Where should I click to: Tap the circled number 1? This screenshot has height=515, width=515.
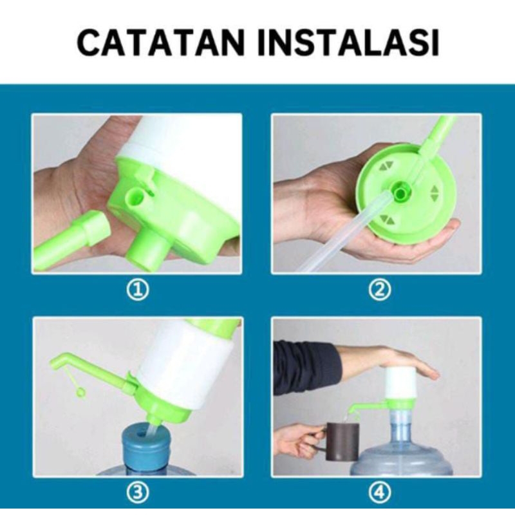coord(136,290)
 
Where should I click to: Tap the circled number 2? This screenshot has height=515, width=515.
coord(379,290)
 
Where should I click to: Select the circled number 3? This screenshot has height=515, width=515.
coord(136,493)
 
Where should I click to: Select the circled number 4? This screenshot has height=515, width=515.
coord(379,493)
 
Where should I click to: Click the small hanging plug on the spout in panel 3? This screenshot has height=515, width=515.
coord(80,391)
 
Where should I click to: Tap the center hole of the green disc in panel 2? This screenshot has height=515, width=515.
coord(400,192)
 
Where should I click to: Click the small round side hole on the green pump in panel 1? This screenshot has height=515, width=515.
coord(137,194)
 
